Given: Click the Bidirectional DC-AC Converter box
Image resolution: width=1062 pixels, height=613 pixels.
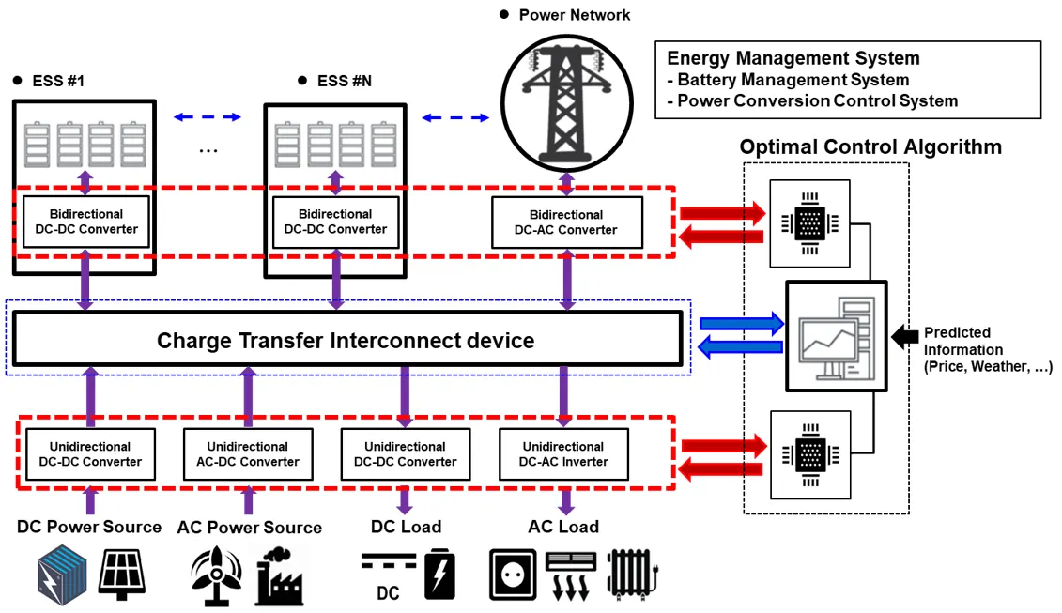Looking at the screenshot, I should click(566, 222).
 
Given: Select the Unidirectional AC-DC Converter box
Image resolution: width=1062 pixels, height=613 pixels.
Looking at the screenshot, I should click(248, 453).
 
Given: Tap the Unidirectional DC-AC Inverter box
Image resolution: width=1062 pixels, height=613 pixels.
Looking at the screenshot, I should click(563, 453).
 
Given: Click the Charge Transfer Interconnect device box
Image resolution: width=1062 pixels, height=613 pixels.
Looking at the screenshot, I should click(346, 340).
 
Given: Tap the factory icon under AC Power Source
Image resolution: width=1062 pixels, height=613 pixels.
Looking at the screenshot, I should click(280, 575).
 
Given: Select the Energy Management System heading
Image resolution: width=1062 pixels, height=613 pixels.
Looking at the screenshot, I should click(793, 59).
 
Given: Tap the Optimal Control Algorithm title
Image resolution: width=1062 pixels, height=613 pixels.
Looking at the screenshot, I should click(870, 147).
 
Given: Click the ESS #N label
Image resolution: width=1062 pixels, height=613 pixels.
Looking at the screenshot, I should click(345, 81).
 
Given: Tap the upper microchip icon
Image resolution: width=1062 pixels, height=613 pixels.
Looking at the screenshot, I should click(808, 222).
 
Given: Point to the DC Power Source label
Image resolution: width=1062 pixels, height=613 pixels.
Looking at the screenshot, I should click(89, 527).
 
